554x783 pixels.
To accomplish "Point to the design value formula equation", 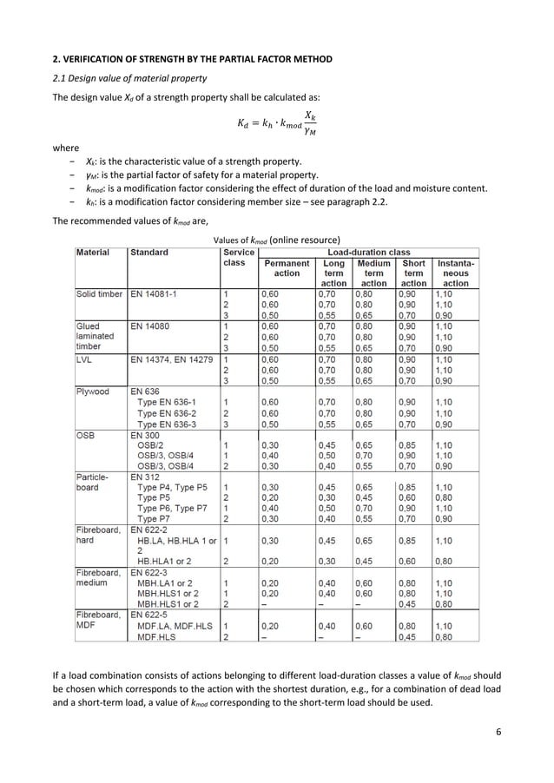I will (x=276, y=126).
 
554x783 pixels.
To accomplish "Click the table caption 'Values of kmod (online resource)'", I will (x=276, y=239).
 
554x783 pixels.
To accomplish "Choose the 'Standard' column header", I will (x=149, y=252).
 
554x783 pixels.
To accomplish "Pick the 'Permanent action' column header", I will (x=287, y=267).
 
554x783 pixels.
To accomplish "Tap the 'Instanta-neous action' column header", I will (x=456, y=273).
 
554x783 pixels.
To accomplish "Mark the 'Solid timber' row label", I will (x=98, y=294).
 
